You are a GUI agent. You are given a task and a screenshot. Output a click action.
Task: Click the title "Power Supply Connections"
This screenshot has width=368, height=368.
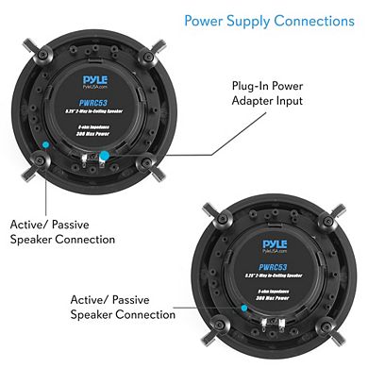tap(269, 20)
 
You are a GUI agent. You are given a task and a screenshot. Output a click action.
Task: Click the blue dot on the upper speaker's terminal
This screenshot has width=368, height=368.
tap(105, 153)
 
